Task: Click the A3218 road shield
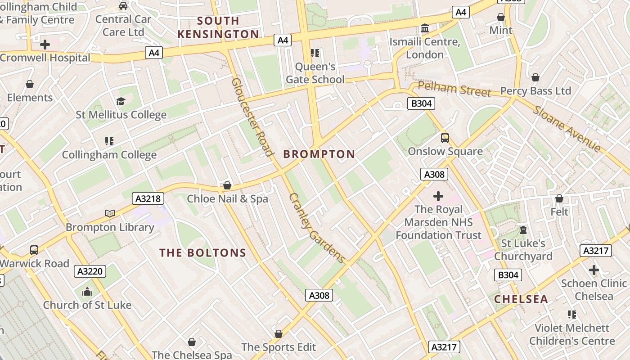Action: [x=148, y=198]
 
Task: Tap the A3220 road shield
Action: [x=90, y=271]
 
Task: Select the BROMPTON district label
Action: [x=319, y=154]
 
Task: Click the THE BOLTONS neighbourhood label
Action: [x=202, y=253]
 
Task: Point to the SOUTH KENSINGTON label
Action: [x=218, y=27]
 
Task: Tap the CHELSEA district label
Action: [x=521, y=299]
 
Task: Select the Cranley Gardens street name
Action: [x=317, y=228]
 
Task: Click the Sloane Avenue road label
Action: [x=567, y=129]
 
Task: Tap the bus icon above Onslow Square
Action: [x=445, y=138]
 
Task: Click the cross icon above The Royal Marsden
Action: [x=438, y=196]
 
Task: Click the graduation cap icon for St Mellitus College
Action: [x=121, y=101]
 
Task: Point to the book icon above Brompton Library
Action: [x=109, y=213]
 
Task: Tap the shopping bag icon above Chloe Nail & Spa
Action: [x=227, y=185]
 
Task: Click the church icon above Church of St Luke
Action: [x=87, y=292]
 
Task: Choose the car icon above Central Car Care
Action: [x=123, y=6]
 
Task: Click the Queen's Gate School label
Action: [x=315, y=73]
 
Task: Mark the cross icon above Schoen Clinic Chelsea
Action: [x=594, y=270]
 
